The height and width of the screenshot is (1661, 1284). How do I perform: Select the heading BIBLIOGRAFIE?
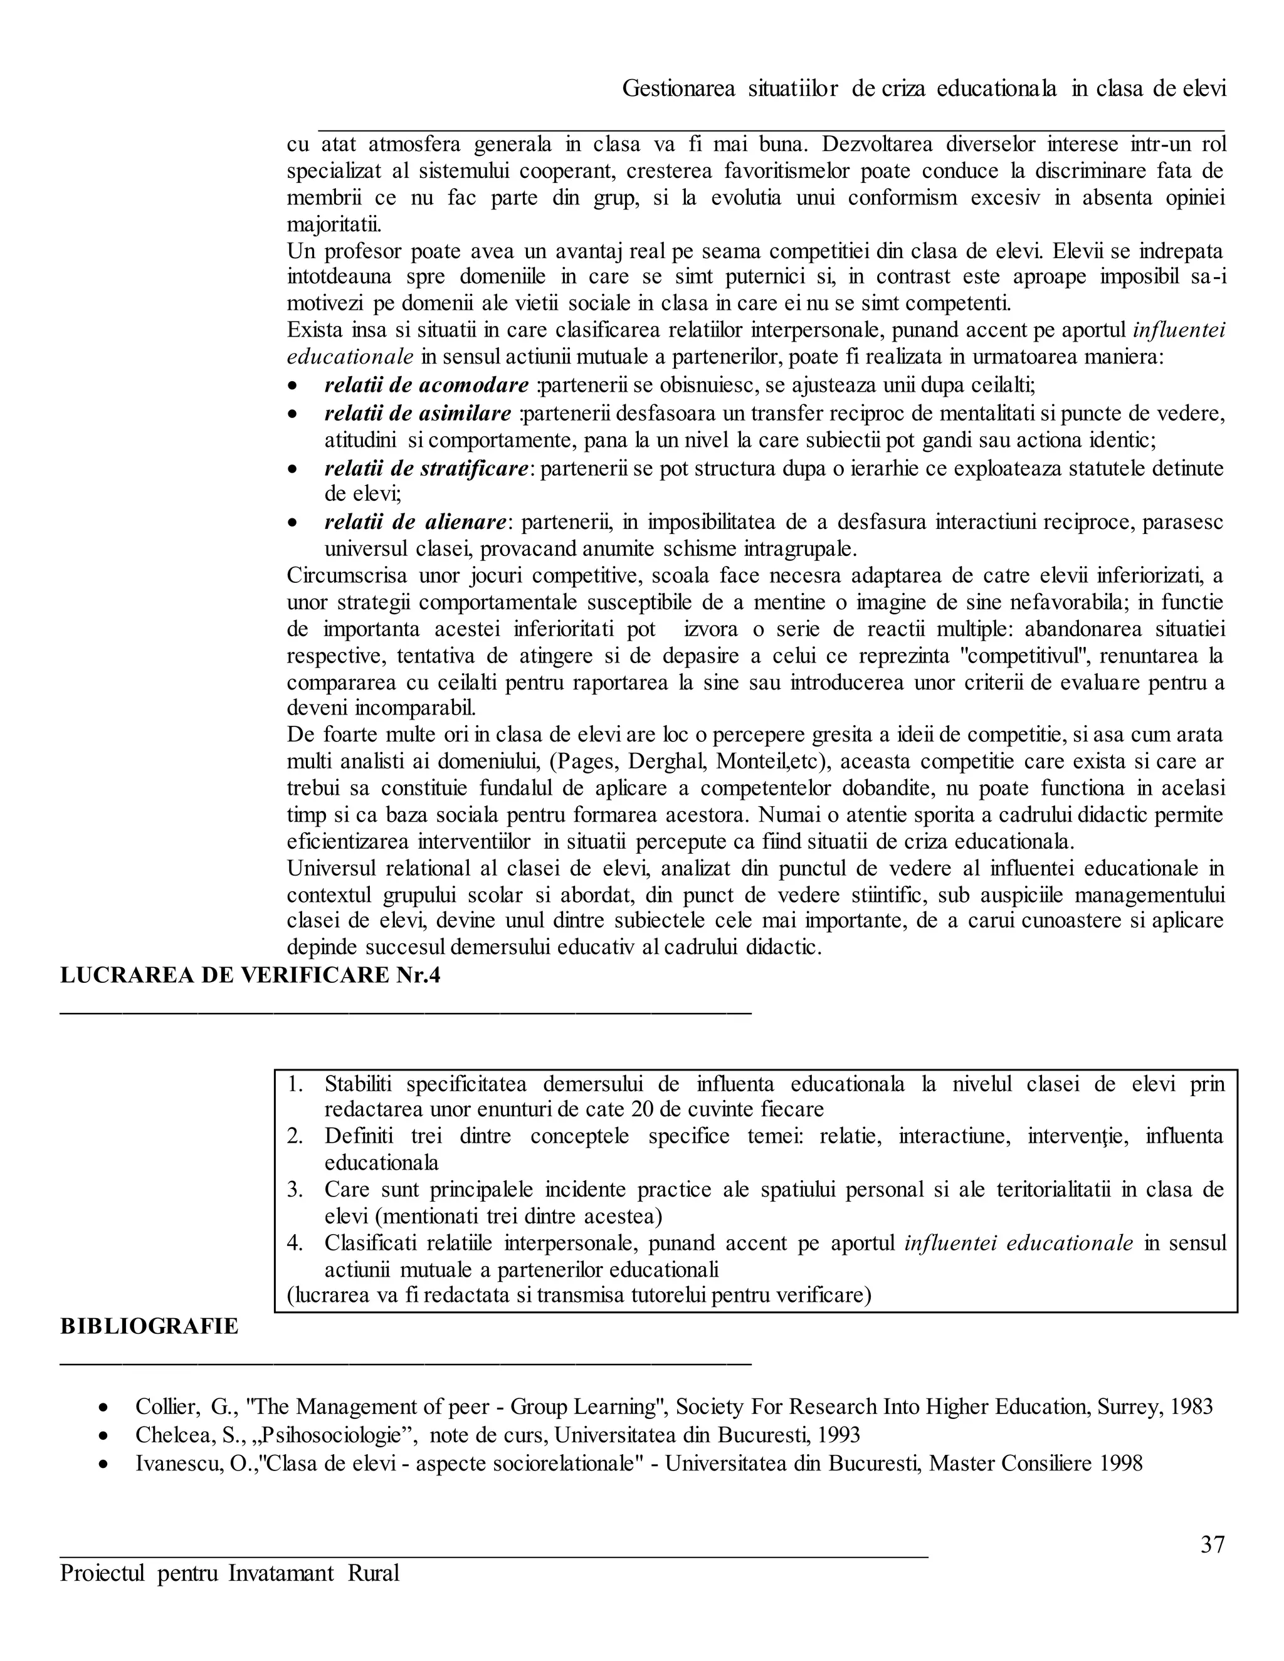coord(149,1326)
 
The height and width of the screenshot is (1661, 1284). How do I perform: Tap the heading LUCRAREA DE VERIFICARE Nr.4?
coord(250,975)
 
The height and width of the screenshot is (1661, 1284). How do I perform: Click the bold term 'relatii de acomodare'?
coord(426,385)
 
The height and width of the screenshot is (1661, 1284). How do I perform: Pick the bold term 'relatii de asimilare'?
coord(418,414)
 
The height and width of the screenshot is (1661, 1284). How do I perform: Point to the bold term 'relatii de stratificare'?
coord(426,468)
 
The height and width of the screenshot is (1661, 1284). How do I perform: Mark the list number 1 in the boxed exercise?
coord(295,1083)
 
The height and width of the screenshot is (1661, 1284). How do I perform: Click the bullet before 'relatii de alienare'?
coord(293,523)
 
